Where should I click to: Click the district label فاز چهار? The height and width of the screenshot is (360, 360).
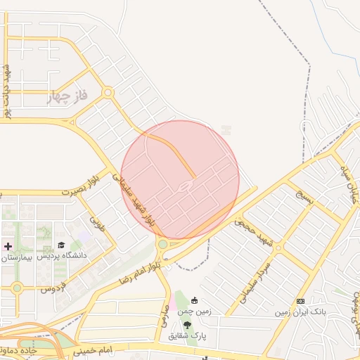coord(67,96)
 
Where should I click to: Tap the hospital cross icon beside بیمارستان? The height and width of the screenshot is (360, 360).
coord(8,246)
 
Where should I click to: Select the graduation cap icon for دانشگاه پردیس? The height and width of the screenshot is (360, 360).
coord(61,245)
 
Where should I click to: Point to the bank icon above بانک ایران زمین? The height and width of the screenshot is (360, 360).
coord(301,301)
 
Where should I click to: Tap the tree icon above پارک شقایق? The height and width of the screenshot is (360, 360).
coord(188,324)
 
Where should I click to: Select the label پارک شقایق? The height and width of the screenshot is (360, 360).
coord(187,335)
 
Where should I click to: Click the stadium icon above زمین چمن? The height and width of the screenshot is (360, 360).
coord(194,300)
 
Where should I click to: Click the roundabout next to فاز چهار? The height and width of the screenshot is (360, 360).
coord(108,92)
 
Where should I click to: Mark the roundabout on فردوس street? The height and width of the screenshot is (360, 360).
coord(17,287)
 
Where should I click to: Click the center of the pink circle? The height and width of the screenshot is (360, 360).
coord(180,179)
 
